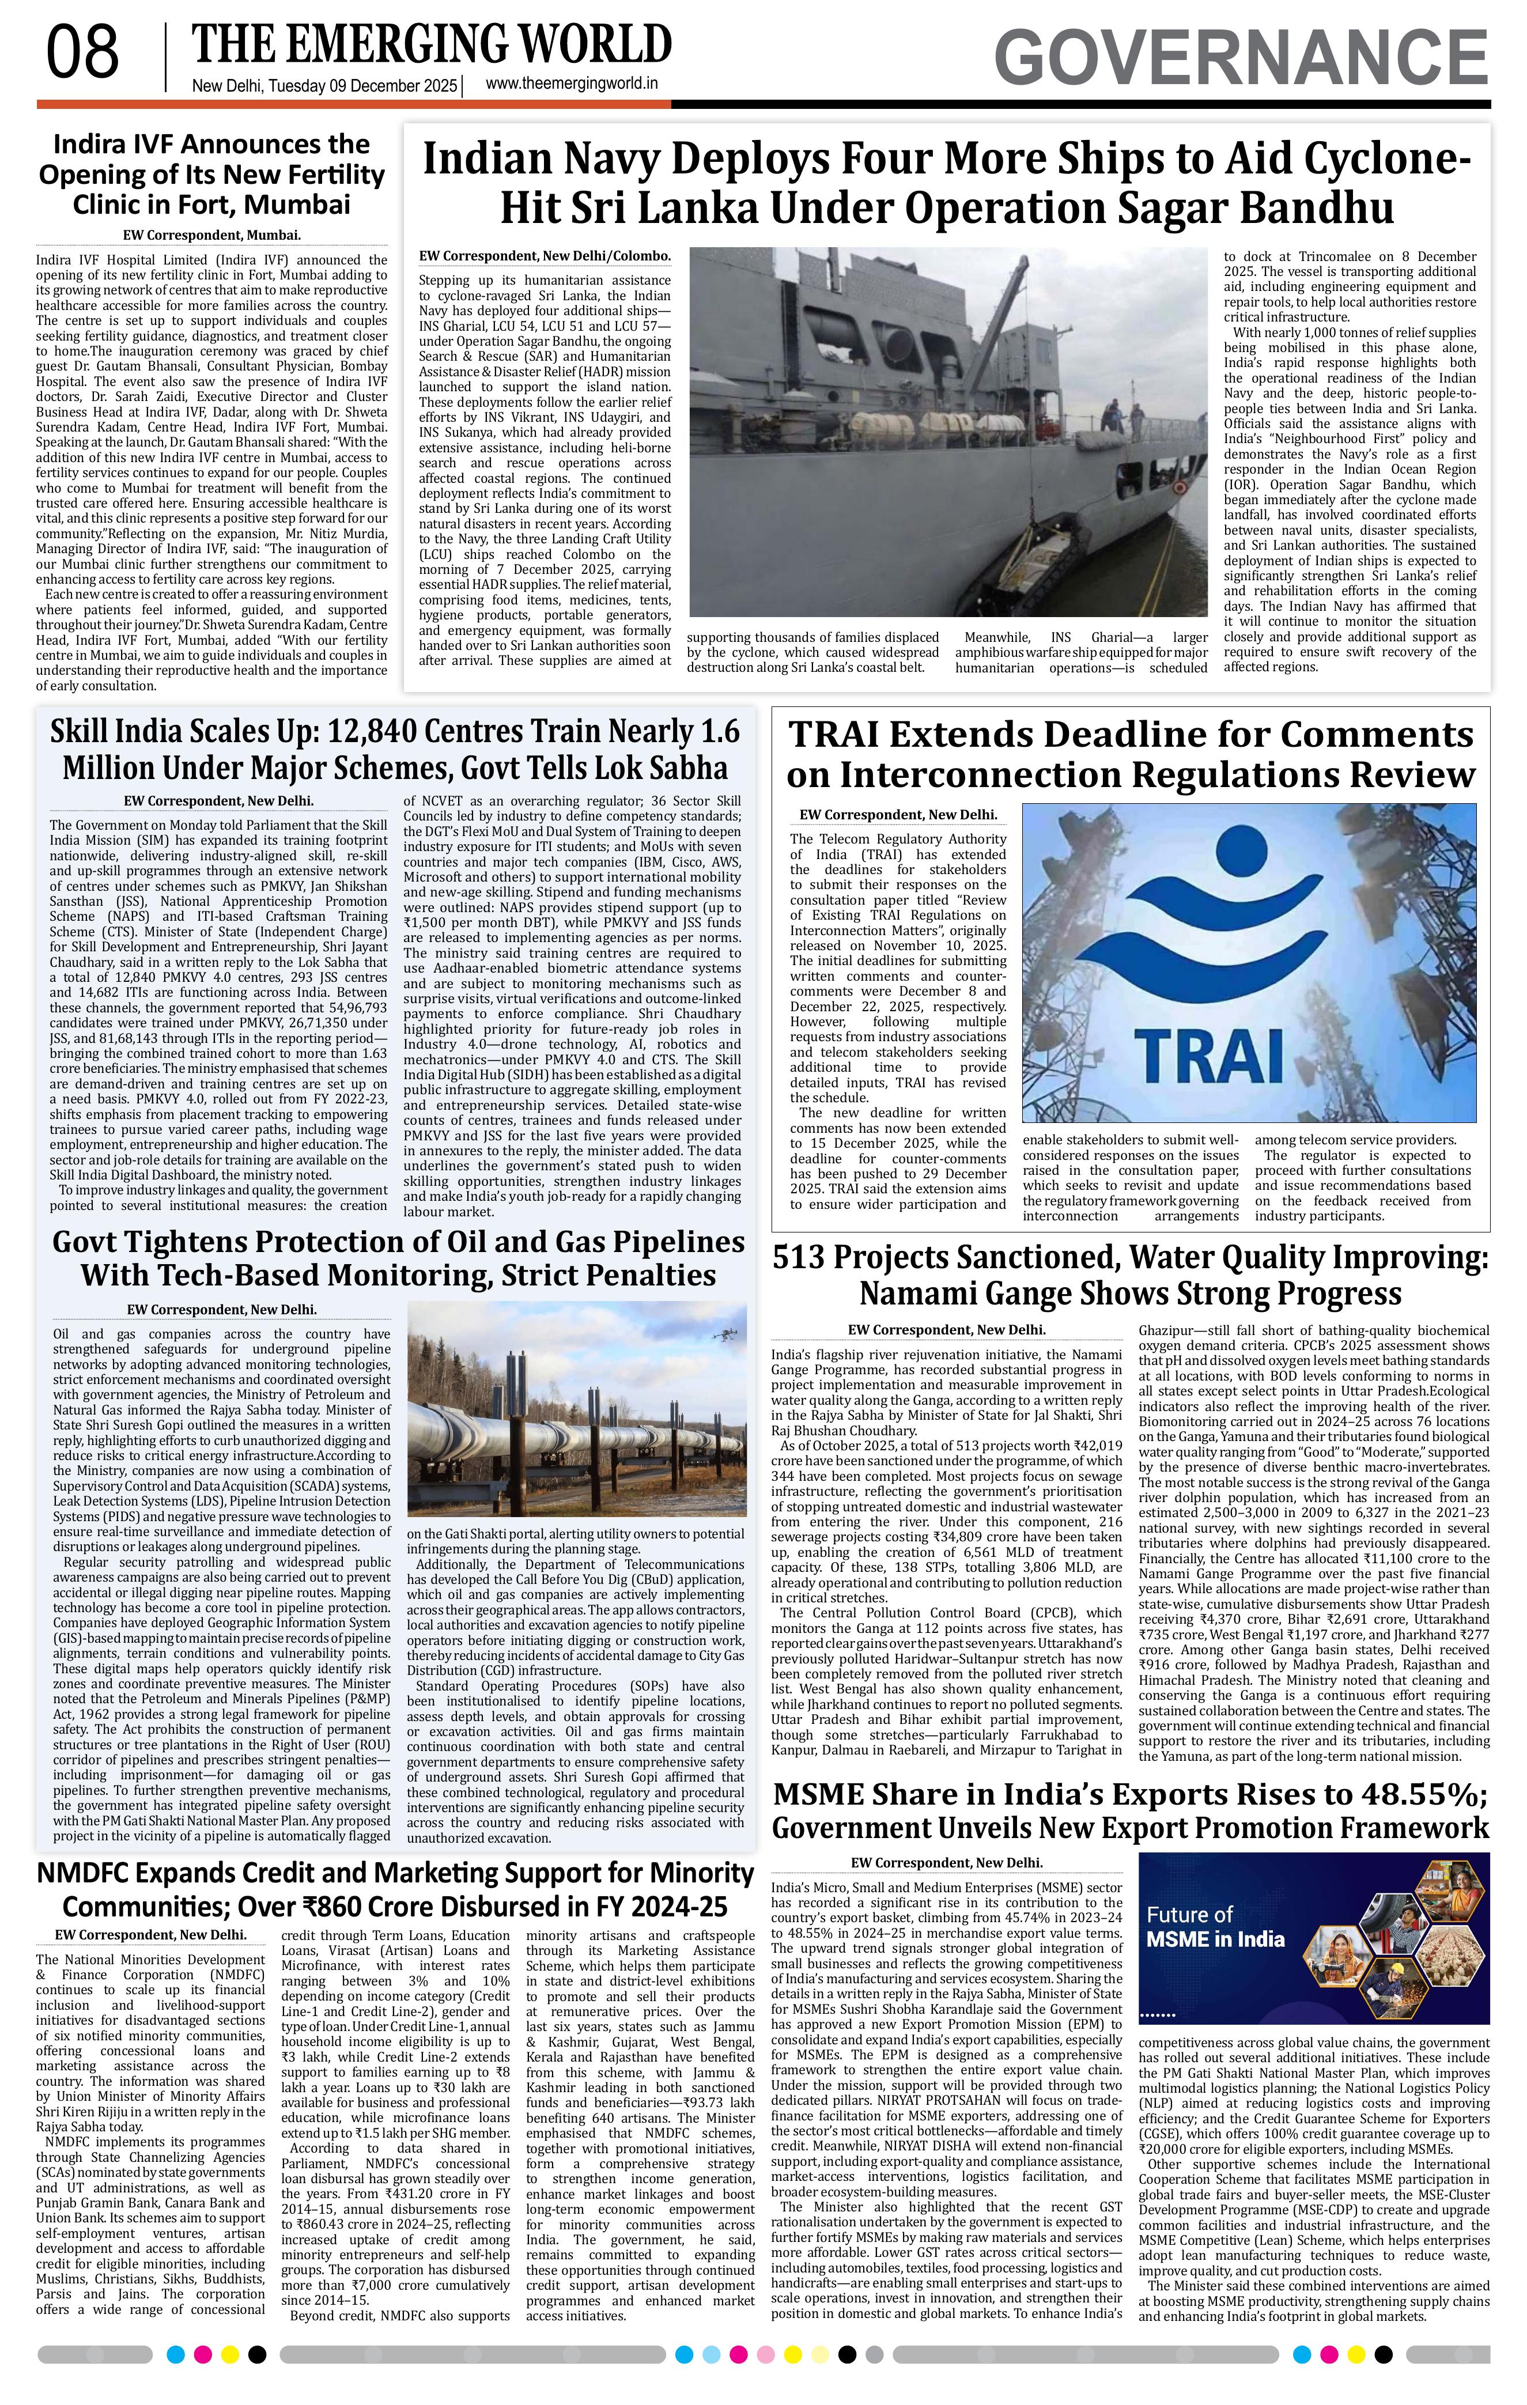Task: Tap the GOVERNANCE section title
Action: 1241,58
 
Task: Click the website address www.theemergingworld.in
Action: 571,85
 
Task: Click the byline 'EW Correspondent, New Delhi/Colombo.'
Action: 545,256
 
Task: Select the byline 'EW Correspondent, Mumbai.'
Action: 211,236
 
